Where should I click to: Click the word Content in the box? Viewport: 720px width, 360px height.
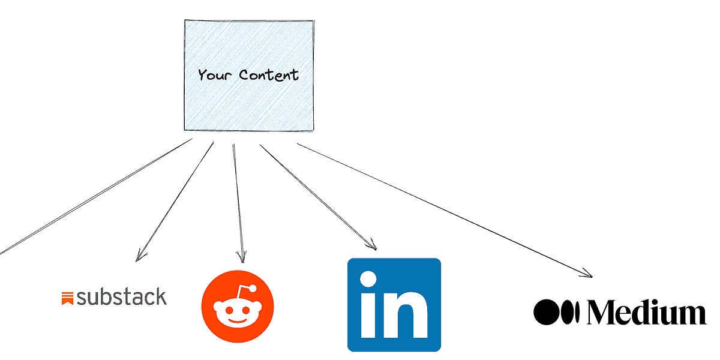(268, 75)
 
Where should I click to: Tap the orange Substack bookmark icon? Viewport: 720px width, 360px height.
(67, 298)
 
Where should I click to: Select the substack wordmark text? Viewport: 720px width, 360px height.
(122, 296)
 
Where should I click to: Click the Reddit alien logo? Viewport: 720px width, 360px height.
(238, 306)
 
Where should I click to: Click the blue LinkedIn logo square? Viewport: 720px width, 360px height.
(394, 304)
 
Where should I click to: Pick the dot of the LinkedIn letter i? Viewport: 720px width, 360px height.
(368, 280)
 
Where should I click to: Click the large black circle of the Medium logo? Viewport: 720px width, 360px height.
(547, 313)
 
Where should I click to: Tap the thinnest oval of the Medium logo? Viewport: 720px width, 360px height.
(577, 313)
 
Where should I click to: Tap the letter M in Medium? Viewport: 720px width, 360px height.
(605, 313)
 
